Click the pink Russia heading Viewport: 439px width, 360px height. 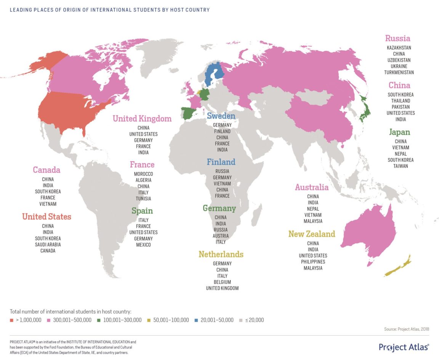pos(397,39)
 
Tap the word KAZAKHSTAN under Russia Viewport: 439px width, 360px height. pos(399,48)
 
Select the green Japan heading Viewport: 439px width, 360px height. pos(399,132)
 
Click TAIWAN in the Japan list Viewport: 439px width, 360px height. pos(401,166)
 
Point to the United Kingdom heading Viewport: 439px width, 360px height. pos(142,119)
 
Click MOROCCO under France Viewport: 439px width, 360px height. pos(143,174)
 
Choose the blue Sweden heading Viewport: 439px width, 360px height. pos(221,116)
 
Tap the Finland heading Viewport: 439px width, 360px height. pos(221,162)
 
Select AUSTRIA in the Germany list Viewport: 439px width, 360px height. pos(221,236)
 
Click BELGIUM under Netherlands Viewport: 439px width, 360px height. pos(222,282)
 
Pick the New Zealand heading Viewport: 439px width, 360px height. pos(311,234)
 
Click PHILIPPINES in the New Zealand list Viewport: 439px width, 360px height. pos(313,262)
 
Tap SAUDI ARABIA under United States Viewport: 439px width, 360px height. pos(48,244)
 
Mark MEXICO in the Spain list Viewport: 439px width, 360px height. pos(143,244)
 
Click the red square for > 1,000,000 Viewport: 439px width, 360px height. pos(12,320)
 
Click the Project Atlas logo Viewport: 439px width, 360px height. pos(404,347)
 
